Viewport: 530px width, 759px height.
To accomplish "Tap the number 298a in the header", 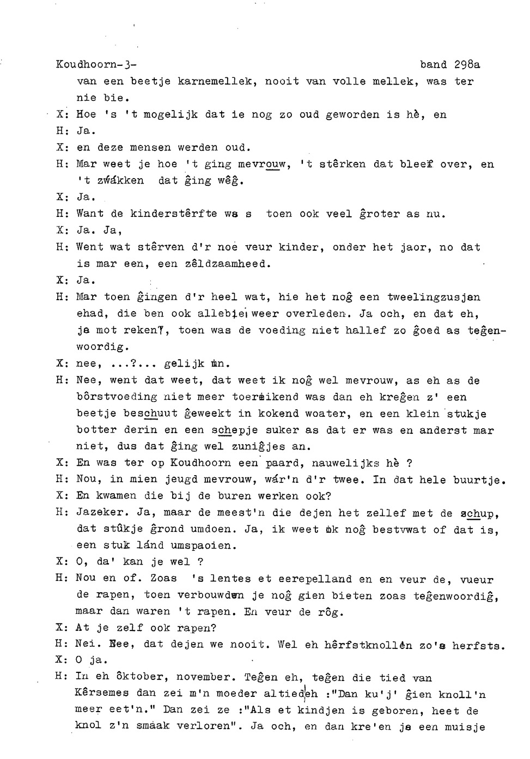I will pyautogui.click(x=467, y=64).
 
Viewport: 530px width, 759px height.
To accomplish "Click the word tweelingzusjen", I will pyautogui.click(x=434, y=297).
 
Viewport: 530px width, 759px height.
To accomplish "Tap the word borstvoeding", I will pyautogui.click(x=117, y=397).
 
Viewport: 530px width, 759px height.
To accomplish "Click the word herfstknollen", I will pyautogui.click(x=368, y=645).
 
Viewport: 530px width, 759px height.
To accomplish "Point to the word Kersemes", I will pyautogui.click(x=102, y=694).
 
